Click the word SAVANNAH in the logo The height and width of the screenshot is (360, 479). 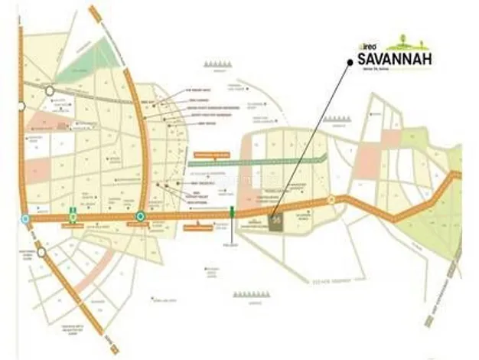point(390,57)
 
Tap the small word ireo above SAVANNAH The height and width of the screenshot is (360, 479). point(365,46)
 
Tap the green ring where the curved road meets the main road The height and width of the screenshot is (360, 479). point(141,218)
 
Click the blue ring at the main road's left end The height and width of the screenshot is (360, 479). point(25,218)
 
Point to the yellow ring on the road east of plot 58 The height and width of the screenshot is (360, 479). point(331,201)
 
